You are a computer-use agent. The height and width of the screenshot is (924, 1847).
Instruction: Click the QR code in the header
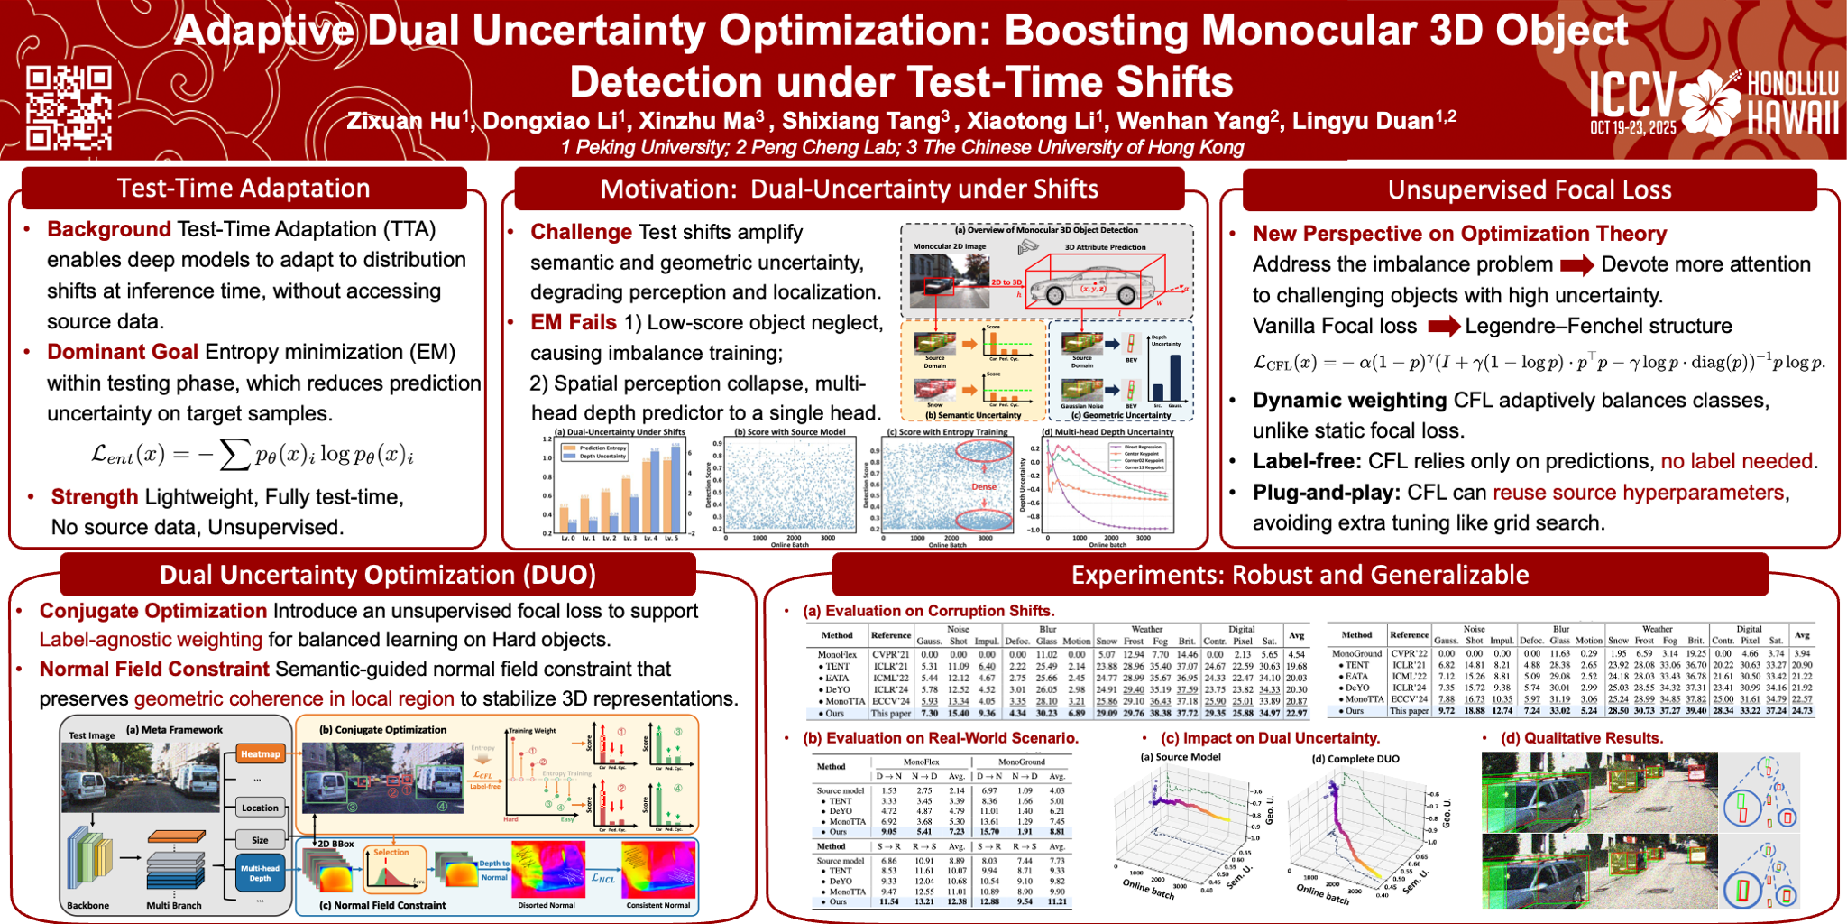pos(69,107)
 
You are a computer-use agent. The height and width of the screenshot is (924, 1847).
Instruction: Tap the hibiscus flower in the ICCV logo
pos(1711,101)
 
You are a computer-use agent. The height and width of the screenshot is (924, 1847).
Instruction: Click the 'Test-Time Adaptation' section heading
pos(244,188)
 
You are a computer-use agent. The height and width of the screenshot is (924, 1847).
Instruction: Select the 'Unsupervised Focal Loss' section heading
pos(1530,189)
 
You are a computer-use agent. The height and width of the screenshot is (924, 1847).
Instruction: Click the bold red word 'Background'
pos(108,229)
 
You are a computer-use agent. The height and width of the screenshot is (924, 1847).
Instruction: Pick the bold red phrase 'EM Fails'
pos(574,322)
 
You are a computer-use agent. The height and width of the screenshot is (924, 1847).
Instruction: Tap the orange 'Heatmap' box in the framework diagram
pos(260,754)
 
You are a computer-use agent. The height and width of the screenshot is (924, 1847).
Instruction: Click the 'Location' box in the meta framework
pos(260,808)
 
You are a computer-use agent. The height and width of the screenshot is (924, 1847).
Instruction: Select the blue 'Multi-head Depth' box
pos(260,873)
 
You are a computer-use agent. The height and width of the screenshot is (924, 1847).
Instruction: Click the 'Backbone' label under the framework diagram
pos(87,905)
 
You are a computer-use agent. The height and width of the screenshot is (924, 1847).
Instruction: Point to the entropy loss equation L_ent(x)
pos(253,454)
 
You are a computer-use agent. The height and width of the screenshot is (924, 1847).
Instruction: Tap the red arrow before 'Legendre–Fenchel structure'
pos(1443,326)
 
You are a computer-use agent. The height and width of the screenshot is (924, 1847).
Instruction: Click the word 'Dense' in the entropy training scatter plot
pos(984,486)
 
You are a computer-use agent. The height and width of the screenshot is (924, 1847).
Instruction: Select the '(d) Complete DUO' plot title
pos(1355,759)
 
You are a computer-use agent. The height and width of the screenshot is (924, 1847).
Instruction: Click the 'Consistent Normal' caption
pos(657,905)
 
